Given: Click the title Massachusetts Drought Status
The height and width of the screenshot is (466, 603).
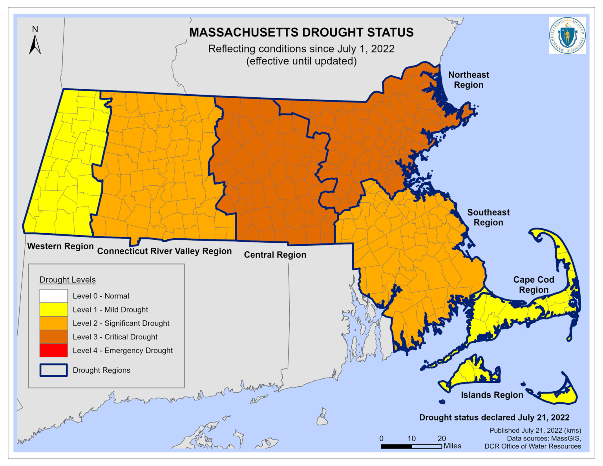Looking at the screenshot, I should click(301, 32).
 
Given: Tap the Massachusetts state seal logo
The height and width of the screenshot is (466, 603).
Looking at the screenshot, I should click(567, 35).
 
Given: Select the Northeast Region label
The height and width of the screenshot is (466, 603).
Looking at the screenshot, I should click(468, 80).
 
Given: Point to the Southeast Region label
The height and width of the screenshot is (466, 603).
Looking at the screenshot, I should click(488, 217).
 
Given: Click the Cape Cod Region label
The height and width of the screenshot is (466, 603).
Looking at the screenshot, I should click(534, 285).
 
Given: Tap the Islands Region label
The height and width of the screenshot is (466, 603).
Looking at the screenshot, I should click(492, 395).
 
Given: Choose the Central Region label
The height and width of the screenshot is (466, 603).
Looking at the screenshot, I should click(275, 255).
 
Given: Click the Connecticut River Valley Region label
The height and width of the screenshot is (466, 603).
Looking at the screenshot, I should click(164, 251).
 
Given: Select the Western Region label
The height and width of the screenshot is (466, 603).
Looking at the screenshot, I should click(60, 246).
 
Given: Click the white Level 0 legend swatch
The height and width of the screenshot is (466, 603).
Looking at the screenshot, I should click(53, 296).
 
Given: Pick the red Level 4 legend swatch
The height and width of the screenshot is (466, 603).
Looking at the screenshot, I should click(53, 350).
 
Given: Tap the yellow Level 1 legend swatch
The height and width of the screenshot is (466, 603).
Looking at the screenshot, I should click(53, 309).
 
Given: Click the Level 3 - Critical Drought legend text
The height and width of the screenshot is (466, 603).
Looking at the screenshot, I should click(115, 337).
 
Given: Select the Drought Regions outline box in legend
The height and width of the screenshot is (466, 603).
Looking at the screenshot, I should click(53, 370).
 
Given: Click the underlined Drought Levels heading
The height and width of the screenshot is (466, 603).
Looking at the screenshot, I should click(68, 280).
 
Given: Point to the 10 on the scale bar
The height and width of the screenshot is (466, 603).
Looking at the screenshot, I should click(411, 439).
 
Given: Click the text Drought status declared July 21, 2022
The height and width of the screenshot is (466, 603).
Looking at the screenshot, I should click(494, 417).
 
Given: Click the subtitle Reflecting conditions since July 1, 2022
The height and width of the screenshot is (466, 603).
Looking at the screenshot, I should click(301, 49).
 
